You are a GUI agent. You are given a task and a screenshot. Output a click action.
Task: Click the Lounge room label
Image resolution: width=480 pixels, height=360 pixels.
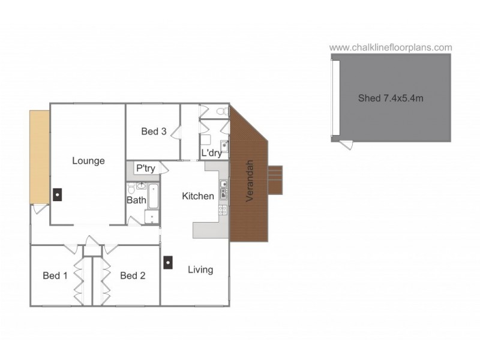pos(88,160)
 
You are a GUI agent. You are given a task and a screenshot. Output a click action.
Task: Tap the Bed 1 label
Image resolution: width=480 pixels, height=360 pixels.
pos(55,275)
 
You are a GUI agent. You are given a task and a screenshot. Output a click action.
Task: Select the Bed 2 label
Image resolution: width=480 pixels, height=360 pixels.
pos(133,275)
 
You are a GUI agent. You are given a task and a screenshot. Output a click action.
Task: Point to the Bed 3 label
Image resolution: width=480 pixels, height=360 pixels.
pos(154,131)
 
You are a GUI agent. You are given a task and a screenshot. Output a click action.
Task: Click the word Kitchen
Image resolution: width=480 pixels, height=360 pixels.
pos(198,196)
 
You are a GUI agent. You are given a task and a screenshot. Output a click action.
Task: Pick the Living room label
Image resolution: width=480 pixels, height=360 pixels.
pos(200,269)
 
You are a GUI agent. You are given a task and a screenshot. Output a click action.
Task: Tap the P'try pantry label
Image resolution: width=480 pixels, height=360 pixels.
pos(145,169)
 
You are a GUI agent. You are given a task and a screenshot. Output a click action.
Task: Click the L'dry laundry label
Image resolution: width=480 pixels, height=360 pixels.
pos(211,153)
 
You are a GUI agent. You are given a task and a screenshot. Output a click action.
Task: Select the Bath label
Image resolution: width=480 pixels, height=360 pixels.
pos(136,200)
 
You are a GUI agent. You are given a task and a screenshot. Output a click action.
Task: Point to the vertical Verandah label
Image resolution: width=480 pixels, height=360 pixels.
pos(250,180)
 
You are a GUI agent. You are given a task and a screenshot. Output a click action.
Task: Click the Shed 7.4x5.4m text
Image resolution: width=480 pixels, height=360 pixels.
pos(391,98)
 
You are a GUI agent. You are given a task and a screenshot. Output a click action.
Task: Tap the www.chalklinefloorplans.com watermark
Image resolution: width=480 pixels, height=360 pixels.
pos(391,47)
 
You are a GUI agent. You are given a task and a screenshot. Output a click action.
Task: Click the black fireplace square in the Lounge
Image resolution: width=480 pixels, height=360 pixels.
pos(56,194)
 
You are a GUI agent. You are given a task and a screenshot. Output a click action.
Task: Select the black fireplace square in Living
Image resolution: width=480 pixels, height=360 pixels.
pos(169,262)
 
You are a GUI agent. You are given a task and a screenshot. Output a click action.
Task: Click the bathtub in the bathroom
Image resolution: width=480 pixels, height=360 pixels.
pos(152,196)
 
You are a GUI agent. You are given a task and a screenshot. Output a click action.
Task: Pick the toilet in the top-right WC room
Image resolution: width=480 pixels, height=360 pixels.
pos(221,111)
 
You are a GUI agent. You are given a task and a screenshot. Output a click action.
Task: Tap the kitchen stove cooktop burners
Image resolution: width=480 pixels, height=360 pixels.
pos(223,210)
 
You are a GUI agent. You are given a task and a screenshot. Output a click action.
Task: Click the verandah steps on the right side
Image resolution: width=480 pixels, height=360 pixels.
pos(274,180)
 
